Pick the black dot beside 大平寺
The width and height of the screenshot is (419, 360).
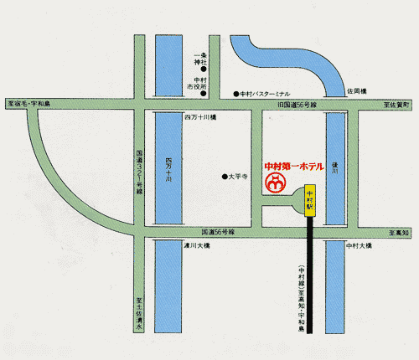225,176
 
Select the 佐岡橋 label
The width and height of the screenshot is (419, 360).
357,91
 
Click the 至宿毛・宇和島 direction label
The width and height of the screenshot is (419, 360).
29,103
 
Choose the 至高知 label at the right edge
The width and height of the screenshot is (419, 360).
400,232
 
